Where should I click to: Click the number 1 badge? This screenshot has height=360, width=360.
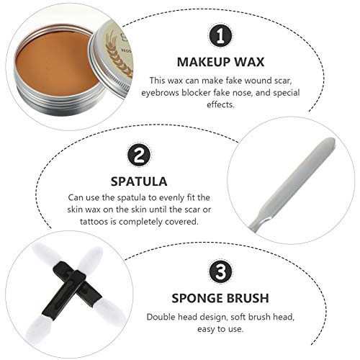tap(220, 36)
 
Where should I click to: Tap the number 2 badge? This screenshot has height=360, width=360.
tap(139, 156)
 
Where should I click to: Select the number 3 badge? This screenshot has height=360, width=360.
tap(220, 272)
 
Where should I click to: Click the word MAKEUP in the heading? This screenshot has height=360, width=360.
tap(204, 62)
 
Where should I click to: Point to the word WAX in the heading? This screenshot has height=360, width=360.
tap(249, 62)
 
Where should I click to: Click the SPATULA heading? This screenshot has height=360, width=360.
tap(139, 181)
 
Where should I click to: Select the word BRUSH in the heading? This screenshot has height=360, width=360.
tap(248, 298)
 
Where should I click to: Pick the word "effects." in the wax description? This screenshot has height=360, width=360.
tap(220, 105)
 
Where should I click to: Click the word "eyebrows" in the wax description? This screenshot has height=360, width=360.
tap(160, 93)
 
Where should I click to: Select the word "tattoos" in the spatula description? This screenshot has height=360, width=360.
tap(94, 222)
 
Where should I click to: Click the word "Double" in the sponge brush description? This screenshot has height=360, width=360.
tap(161, 317)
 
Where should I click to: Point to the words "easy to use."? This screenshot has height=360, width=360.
tap(220, 329)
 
